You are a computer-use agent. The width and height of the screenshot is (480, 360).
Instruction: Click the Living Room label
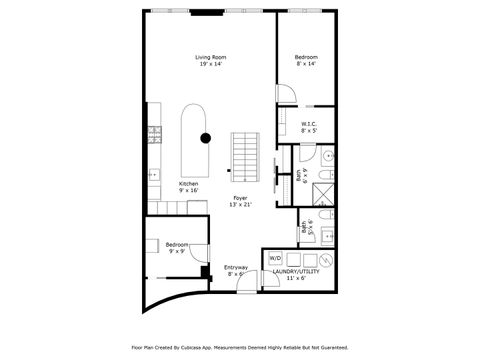[x=209, y=57]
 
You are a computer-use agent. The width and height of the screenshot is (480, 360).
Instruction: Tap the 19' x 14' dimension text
[x=209, y=65]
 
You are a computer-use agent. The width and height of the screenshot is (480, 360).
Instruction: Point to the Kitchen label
[x=188, y=184]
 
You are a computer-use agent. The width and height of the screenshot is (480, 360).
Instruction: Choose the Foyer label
[x=240, y=198]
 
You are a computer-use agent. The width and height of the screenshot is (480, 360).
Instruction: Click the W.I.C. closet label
[x=309, y=124]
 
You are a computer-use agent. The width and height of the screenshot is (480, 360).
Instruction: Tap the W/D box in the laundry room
[x=276, y=256]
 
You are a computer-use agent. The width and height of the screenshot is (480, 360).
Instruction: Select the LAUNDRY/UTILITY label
[x=296, y=270]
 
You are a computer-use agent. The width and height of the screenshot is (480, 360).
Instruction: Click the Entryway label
[x=236, y=266]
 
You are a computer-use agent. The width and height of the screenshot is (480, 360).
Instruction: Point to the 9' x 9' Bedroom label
[x=176, y=244]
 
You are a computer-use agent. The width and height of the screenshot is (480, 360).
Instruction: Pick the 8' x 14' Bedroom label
[x=305, y=57]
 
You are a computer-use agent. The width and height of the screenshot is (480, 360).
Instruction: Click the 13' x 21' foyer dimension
[x=240, y=205]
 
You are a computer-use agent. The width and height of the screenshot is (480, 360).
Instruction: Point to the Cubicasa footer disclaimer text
[x=239, y=348]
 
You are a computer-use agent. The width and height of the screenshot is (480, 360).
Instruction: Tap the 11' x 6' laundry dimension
[x=296, y=277]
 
